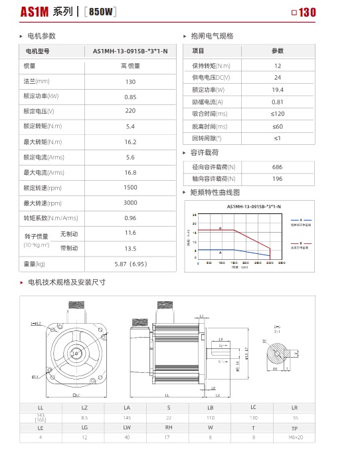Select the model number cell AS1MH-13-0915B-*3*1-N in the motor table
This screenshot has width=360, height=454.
[x=130, y=50]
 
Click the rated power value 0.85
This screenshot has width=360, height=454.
[x=130, y=96]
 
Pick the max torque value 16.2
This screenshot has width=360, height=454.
[x=130, y=142]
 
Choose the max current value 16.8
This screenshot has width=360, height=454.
[x=130, y=172]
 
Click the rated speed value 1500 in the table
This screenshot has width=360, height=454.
[x=130, y=187]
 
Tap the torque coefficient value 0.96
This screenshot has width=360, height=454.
[x=130, y=218]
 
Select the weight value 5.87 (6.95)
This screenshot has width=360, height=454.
[x=130, y=264]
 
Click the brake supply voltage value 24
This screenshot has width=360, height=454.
[x=277, y=77]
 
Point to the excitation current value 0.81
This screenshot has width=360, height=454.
[x=277, y=102]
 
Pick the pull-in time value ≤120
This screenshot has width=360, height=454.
[x=277, y=114]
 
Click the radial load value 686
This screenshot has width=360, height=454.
[x=277, y=166]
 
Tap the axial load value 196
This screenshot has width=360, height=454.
[x=277, y=178]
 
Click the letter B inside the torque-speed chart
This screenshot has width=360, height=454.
[x=221, y=228]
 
